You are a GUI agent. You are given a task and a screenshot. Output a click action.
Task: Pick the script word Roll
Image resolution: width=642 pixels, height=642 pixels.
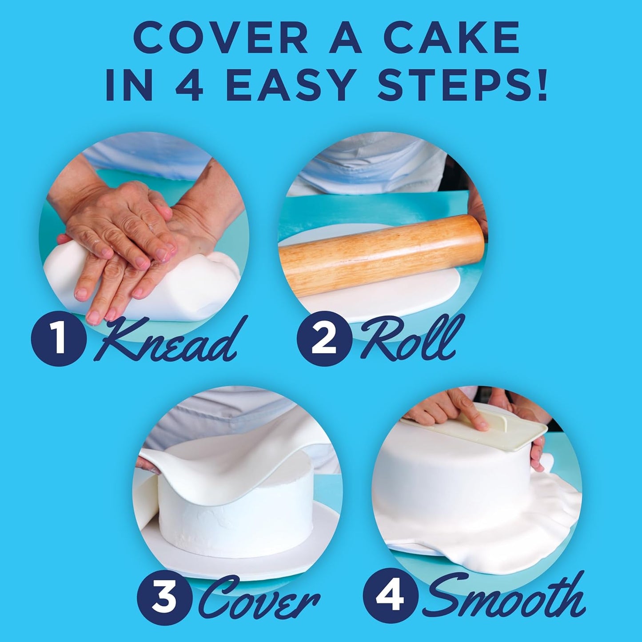pyautogui.click(x=409, y=338)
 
